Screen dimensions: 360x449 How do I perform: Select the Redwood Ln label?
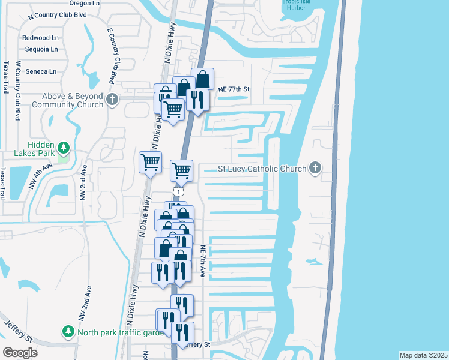40,37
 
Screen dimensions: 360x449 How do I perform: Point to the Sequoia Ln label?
40,49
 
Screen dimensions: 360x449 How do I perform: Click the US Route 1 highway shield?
177,191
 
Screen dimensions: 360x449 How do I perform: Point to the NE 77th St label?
234,89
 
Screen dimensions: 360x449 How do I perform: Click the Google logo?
20,352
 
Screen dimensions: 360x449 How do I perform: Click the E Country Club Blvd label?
111,55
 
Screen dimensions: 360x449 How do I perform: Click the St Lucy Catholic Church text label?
262,169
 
